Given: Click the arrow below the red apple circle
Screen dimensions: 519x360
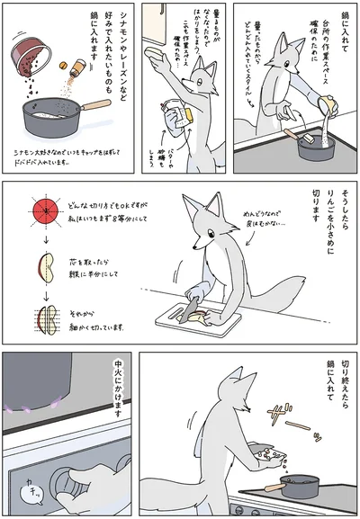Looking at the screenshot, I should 42,242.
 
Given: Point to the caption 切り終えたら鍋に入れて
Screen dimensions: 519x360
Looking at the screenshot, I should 337,387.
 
